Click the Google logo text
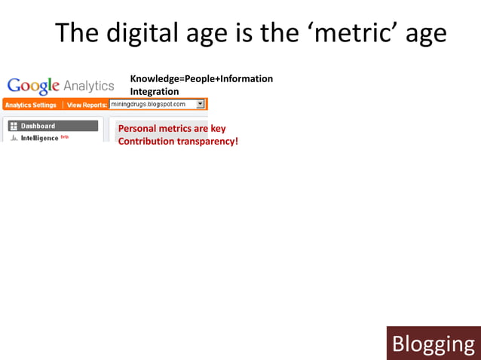[x=33, y=86]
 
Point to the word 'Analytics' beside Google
[x=89, y=86]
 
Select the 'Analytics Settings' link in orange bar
[x=31, y=105]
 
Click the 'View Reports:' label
[x=87, y=105]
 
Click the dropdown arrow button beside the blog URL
[x=200, y=104]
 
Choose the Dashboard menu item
[x=38, y=126]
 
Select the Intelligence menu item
[x=39, y=138]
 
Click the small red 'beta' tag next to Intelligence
[x=65, y=136]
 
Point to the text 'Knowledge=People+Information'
[x=201, y=79]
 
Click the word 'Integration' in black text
[x=155, y=91]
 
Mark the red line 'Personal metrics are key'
[x=172, y=129]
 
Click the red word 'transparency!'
[x=207, y=141]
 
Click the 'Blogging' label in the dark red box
[x=434, y=344]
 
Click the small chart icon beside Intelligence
[x=14, y=139]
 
